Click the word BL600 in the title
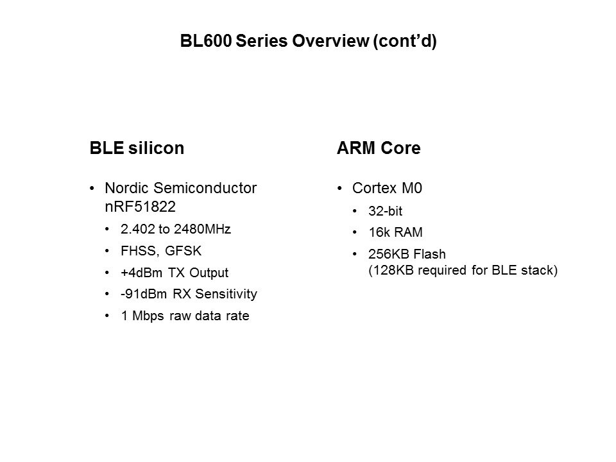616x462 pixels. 206,41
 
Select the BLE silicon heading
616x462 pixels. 137,148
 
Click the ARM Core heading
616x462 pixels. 379,148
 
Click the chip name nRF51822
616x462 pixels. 141,207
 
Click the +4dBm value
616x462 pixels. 141,273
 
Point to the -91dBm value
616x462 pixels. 144,294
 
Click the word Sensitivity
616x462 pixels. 227,295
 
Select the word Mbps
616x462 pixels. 148,316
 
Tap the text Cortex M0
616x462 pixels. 387,188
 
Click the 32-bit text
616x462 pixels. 386,211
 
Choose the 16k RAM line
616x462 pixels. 396,232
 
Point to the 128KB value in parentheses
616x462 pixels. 393,270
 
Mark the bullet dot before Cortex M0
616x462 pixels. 340,189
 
